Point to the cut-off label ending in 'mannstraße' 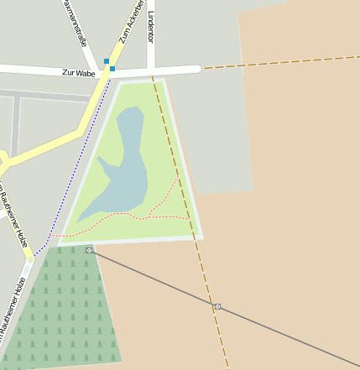tap(74, 23)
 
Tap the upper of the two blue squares tap(107, 60)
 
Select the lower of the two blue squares tap(112, 68)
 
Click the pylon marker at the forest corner tap(89, 250)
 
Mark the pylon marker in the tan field tap(217, 306)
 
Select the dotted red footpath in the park tap(134, 216)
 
